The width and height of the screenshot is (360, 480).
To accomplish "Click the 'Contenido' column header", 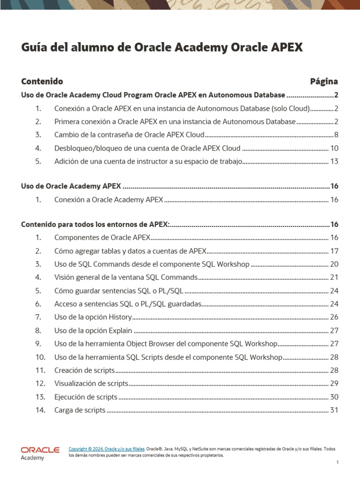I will click(x=42, y=81).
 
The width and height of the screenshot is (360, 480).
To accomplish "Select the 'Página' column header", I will click(x=324, y=81).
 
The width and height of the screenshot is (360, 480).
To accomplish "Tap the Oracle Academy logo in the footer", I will click(x=40, y=453).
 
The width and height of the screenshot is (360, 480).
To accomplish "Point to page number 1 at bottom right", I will click(x=337, y=463).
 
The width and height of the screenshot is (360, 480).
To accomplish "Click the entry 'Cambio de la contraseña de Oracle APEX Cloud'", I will click(x=129, y=135).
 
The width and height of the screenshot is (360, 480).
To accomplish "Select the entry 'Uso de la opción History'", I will click(x=93, y=317).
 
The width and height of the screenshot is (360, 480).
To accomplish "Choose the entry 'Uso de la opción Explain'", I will click(x=93, y=330).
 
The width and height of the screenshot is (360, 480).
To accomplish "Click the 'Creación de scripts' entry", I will click(x=84, y=370).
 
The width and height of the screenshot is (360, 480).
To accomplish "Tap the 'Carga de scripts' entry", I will click(x=80, y=410).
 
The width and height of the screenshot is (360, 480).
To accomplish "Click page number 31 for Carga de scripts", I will click(x=334, y=410).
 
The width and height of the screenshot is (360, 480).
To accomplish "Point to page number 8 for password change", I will click(x=336, y=135).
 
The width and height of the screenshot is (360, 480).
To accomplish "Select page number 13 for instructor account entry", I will click(x=334, y=161).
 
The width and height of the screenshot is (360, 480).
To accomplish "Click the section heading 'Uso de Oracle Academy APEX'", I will click(x=71, y=186).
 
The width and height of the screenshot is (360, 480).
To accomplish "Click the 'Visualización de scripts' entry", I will click(x=91, y=383).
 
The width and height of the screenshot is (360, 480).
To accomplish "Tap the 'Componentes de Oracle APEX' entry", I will click(x=102, y=237).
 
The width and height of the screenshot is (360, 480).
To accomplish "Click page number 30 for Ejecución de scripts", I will click(x=334, y=397).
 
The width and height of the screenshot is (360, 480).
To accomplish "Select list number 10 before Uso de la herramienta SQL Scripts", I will click(x=40, y=357).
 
